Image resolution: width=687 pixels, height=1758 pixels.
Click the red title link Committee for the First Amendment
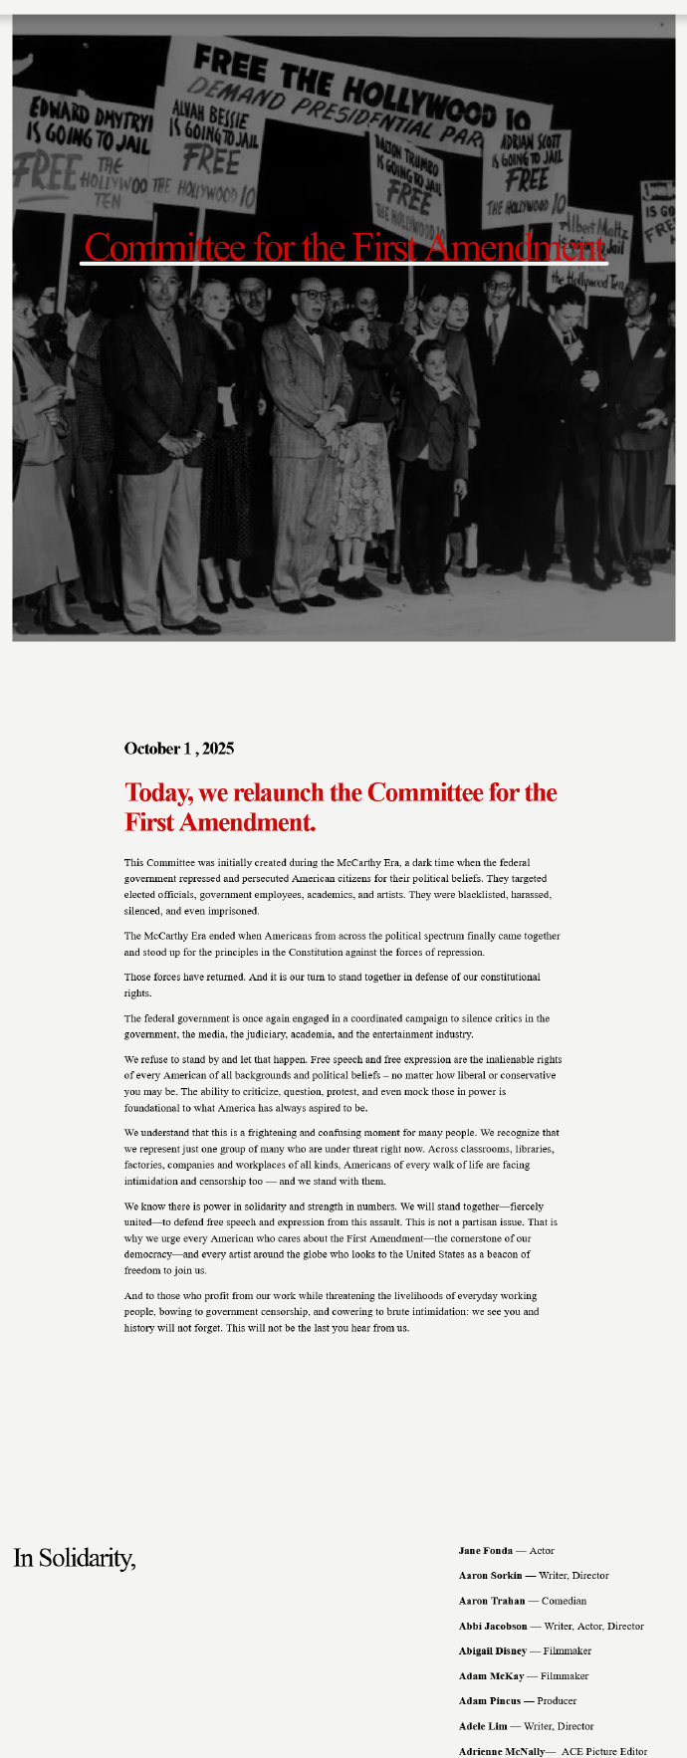coord(343,247)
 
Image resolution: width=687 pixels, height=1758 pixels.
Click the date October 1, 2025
coord(179,749)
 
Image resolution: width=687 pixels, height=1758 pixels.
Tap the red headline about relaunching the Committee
coord(341,807)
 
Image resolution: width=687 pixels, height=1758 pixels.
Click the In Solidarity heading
coord(75,1558)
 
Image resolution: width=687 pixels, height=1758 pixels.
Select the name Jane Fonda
coord(486,1551)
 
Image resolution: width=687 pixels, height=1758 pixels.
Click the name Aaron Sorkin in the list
coord(490,1576)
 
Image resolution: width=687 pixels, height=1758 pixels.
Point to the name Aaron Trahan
coord(492,1601)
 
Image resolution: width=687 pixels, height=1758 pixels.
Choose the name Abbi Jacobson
coord(493,1627)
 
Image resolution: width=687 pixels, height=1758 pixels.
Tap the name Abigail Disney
coord(493,1651)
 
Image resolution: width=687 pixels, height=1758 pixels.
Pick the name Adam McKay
coord(491,1676)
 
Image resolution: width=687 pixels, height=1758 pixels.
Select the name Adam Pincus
coord(490,1701)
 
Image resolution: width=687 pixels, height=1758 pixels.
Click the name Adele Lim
coord(483,1726)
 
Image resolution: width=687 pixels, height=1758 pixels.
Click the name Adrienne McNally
coord(501,1751)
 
